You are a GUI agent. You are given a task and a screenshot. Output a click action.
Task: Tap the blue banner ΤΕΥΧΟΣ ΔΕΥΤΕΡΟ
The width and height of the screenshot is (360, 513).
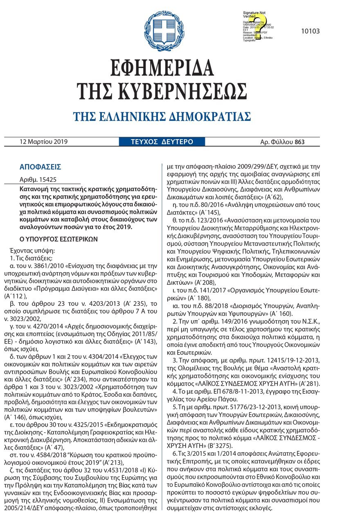(162, 142)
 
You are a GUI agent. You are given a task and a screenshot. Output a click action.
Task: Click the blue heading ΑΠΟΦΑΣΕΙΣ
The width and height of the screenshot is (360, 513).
(40, 167)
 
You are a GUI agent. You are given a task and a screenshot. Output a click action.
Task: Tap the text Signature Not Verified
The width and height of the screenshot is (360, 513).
(254, 15)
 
